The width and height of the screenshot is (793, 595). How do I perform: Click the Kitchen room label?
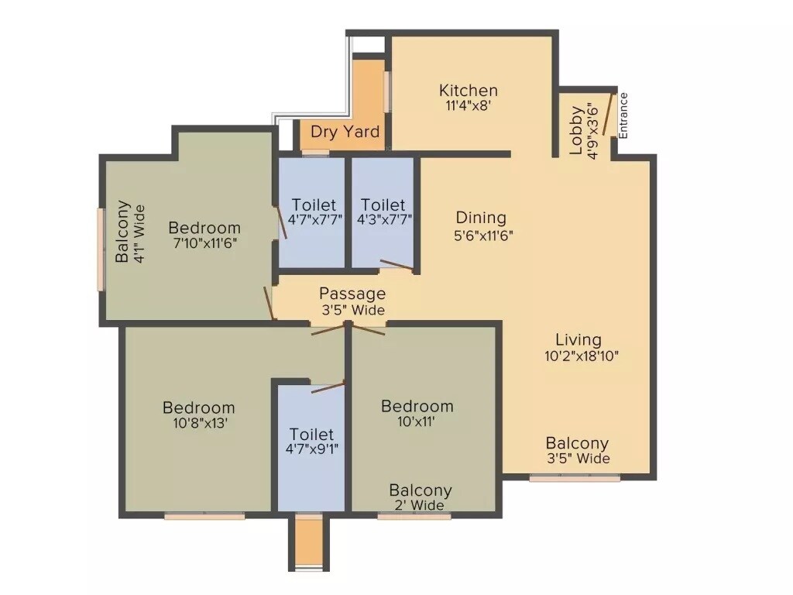468,91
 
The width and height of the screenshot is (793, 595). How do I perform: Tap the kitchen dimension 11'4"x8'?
468,108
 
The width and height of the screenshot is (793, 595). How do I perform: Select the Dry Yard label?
345,132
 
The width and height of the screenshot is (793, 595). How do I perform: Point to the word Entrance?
623,115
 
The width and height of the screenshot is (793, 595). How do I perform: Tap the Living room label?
578,339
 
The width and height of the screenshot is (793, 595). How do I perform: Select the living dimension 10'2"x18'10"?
581,356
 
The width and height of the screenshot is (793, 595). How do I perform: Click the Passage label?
352,294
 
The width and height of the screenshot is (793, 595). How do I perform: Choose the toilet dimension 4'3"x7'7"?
383,220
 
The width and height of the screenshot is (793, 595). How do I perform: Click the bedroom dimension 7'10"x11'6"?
204,243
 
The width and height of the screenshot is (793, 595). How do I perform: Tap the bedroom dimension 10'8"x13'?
198,424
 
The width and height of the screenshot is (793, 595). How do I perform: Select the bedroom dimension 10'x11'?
417,423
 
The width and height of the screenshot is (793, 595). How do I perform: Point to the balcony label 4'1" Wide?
139,233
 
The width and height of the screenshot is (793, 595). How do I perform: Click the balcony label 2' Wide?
421,506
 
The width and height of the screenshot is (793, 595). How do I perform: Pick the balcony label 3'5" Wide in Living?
577,459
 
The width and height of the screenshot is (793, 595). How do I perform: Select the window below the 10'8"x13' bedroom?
204,515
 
